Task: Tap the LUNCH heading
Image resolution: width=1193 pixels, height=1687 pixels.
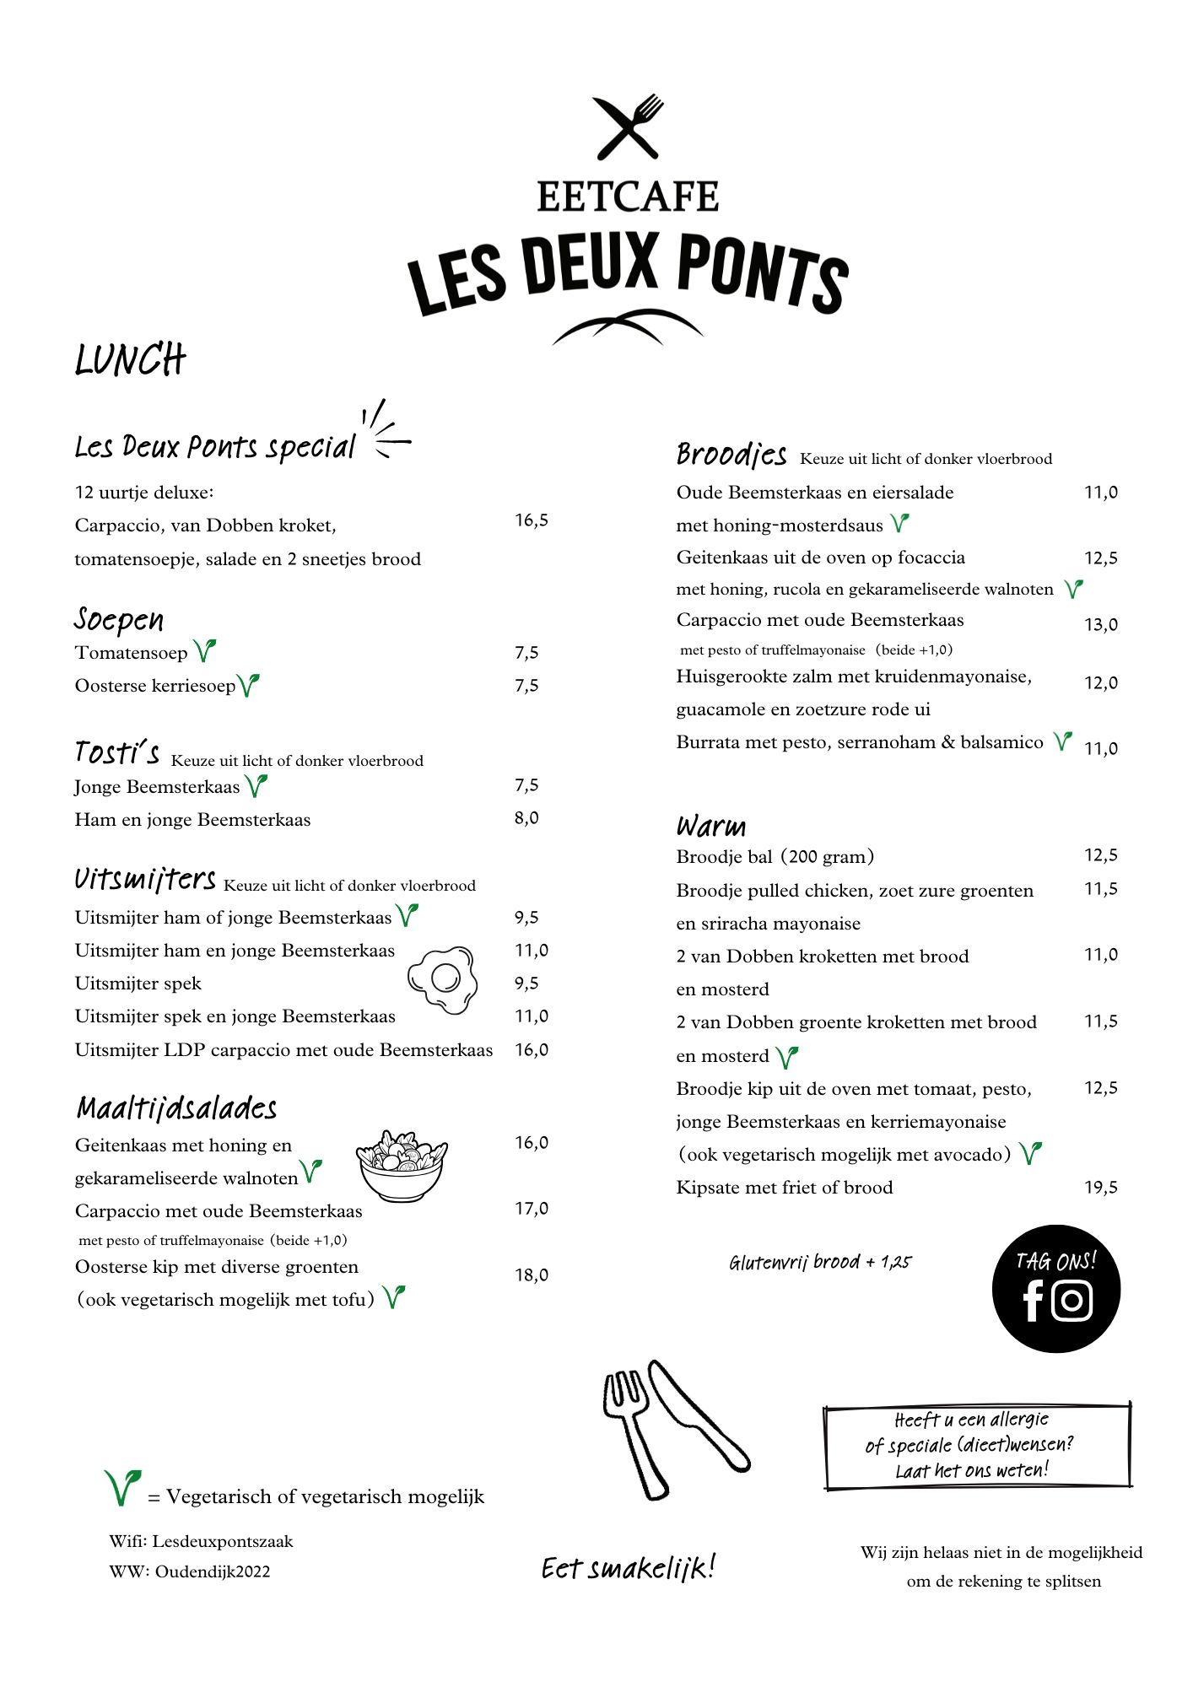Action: [x=130, y=360]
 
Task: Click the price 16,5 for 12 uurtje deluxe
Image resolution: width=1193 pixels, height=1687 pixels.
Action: [x=532, y=520]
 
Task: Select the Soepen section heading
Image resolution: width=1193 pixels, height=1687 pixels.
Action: [x=119, y=620]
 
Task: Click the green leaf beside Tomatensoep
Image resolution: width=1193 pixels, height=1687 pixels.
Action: [x=204, y=651]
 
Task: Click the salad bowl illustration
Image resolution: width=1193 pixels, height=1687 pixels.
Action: [x=402, y=1165]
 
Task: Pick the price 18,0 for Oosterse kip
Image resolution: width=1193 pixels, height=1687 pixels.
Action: [x=532, y=1275]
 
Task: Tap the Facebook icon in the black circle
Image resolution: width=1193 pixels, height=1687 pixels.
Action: [x=1033, y=1301]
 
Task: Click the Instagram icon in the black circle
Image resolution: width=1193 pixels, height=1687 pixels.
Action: [x=1072, y=1301]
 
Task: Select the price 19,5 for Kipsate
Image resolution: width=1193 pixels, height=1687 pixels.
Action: [x=1101, y=1188]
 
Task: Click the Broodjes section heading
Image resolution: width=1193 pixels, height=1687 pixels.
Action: [x=731, y=455]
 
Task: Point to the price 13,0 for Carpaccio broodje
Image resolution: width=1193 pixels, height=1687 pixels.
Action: [x=1101, y=625]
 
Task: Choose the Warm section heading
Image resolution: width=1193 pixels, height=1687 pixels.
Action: [x=711, y=826]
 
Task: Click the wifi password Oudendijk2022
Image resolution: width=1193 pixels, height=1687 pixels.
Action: [x=213, y=1571]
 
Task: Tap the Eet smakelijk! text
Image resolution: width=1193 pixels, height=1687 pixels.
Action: [x=629, y=1568]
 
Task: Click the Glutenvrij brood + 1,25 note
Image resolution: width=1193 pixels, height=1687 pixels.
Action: [x=820, y=1263]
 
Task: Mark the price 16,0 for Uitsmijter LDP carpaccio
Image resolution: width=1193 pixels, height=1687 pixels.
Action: [x=532, y=1050]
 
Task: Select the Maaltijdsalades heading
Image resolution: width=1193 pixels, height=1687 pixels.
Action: [x=177, y=1108]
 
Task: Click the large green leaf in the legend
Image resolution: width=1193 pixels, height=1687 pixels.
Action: [x=122, y=1488]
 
